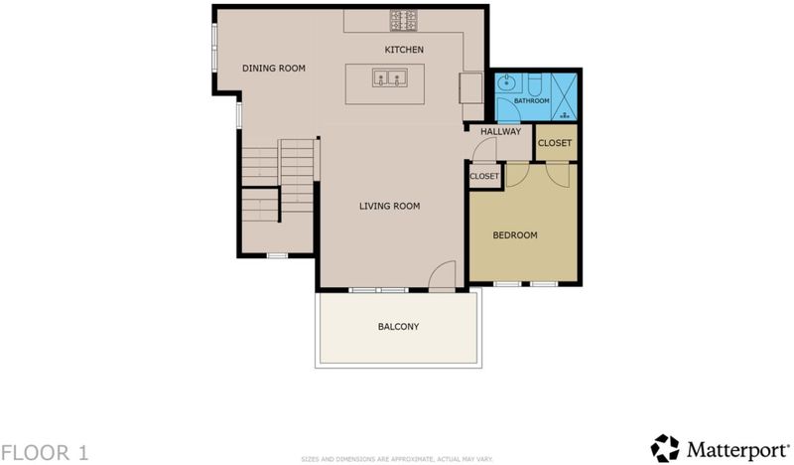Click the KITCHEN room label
pos(404,50)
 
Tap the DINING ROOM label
pos(274,68)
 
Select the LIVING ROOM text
pos(389,206)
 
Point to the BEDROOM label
pos(515,235)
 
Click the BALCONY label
pos(399,327)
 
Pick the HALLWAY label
pos(501,132)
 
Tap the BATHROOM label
pos(532,101)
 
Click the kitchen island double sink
pos(390,78)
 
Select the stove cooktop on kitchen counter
pos(404,20)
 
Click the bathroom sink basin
pos(505,82)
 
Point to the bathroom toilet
pos(535,82)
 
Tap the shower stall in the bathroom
pos(564,96)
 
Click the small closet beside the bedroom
pos(484,176)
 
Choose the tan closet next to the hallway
pos(556,143)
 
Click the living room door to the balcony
pos(442,276)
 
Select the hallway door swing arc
pos(482,149)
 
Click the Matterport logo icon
pos(664,448)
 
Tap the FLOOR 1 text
pos(44,452)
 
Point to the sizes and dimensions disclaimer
pos(396,459)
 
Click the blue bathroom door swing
pos(508,110)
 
